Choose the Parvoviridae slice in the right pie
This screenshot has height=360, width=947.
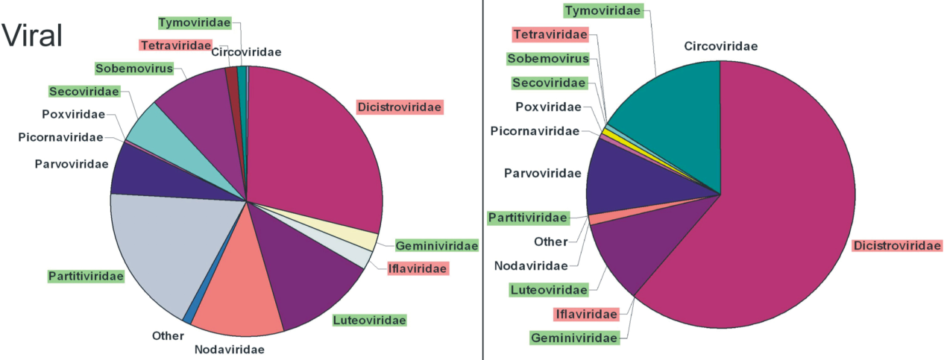tap(626, 183)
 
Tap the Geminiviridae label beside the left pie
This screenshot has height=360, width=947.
tap(436, 246)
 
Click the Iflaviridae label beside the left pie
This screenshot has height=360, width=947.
tap(418, 268)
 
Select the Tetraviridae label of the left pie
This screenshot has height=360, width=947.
tap(174, 45)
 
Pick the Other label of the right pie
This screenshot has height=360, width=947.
tap(551, 241)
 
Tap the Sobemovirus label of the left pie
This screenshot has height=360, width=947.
tap(133, 69)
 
